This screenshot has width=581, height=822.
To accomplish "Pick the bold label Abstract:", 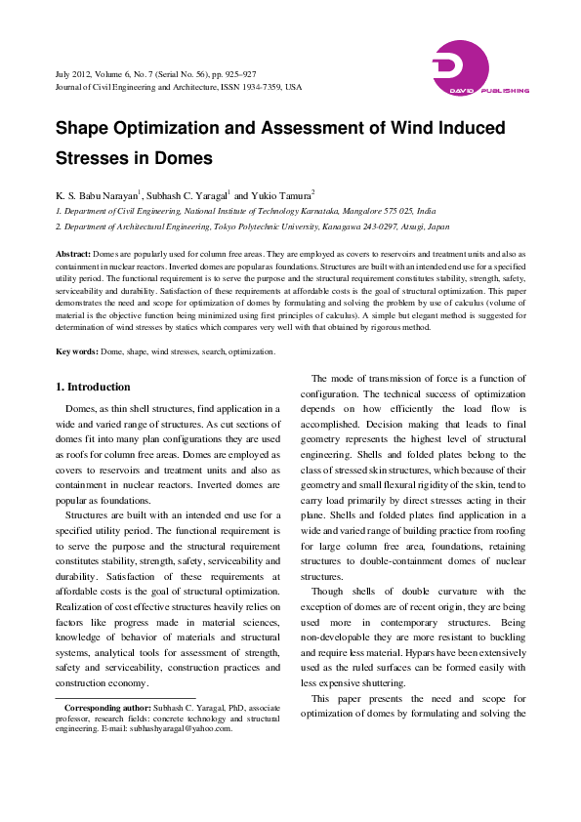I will tap(73, 253).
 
